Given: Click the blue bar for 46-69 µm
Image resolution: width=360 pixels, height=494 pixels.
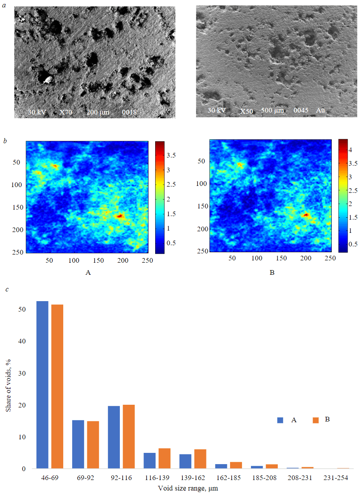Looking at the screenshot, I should [42, 384].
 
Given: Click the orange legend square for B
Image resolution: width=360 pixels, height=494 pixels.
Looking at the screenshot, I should [315, 420].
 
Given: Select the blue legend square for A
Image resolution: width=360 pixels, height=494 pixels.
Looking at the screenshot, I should [280, 420].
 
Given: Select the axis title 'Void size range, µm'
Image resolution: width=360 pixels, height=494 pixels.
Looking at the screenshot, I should [188, 488].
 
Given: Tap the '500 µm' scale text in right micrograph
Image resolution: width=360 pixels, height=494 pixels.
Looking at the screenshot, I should [272, 111].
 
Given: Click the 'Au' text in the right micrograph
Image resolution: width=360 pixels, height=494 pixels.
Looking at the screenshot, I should [320, 111].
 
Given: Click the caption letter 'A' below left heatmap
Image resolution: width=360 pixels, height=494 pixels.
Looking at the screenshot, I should [88, 273].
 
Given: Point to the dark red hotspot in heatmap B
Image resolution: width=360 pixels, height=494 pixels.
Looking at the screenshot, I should [306, 214].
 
